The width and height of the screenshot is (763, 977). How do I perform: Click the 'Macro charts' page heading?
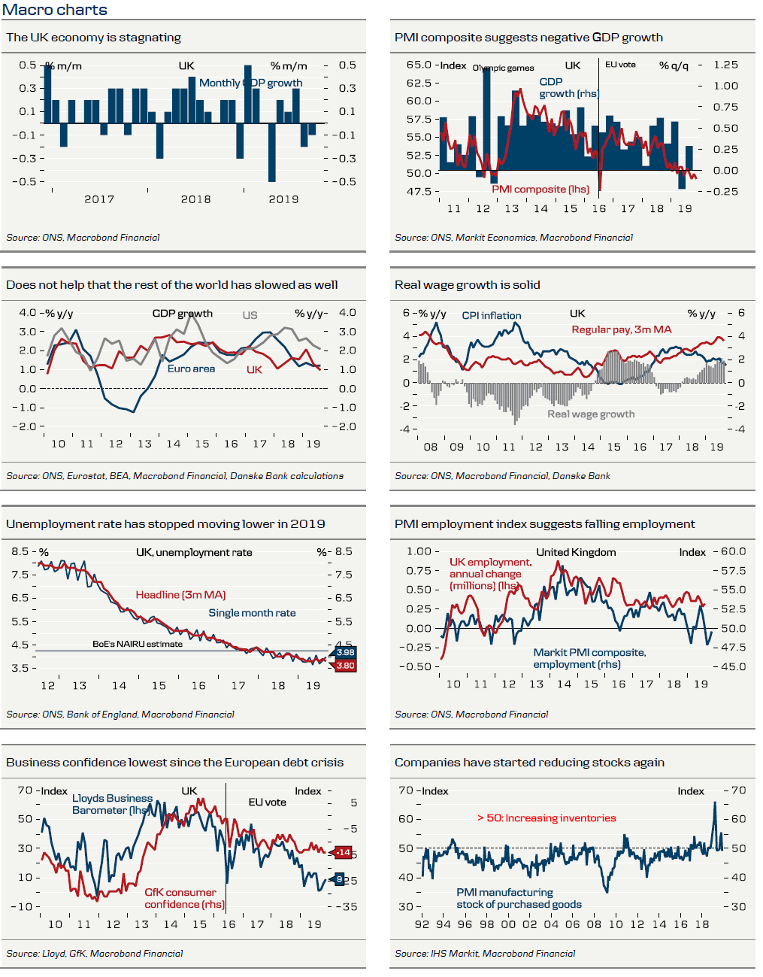click(x=55, y=10)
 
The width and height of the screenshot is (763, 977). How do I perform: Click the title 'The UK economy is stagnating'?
click(x=93, y=38)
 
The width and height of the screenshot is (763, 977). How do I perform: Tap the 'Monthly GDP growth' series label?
click(x=250, y=83)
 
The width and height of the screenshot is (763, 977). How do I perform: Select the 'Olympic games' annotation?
click(x=504, y=68)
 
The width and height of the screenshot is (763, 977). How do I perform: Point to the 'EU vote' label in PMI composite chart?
click(x=620, y=65)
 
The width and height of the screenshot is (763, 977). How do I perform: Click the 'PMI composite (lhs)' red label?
click(x=540, y=190)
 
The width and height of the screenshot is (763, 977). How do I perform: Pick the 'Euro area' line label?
click(x=191, y=369)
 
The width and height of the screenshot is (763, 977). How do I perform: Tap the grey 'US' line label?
click(x=250, y=315)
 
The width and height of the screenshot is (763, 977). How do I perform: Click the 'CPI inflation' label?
click(x=491, y=316)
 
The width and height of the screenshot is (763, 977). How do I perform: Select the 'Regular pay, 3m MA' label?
click(x=621, y=329)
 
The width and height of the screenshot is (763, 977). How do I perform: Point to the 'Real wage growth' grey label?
click(x=591, y=414)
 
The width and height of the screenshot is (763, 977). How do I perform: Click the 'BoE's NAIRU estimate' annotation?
click(x=138, y=644)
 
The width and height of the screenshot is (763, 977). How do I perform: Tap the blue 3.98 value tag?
click(x=345, y=653)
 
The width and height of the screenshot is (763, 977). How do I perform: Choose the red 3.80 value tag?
click(x=345, y=666)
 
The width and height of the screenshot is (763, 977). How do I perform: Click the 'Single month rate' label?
click(x=252, y=613)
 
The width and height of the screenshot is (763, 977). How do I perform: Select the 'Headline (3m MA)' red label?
click(x=180, y=595)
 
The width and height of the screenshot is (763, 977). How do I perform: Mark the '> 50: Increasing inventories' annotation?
click(x=547, y=818)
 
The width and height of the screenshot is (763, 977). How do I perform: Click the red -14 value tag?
click(x=343, y=852)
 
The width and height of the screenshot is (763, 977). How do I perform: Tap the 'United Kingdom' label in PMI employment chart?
click(x=576, y=552)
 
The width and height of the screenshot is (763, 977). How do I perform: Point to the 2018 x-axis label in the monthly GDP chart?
click(x=195, y=199)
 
